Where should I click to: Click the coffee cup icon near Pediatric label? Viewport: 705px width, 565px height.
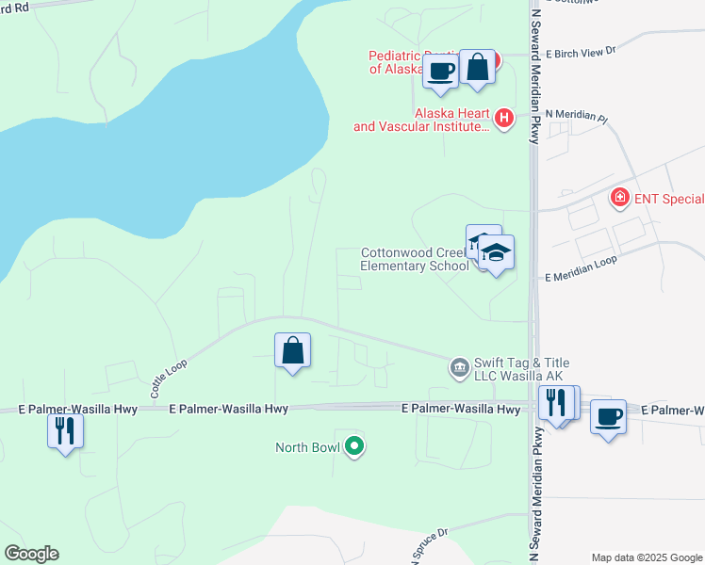[440, 72]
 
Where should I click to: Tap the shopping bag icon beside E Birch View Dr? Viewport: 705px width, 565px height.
[478, 67]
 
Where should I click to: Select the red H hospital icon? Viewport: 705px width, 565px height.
[504, 119]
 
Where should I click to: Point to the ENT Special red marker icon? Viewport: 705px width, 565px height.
[619, 198]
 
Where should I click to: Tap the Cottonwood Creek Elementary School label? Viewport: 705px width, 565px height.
[415, 259]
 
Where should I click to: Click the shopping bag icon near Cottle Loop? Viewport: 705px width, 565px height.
[293, 351]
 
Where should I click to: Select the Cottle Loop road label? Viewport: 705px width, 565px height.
[169, 376]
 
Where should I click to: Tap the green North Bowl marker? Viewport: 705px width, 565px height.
[354, 446]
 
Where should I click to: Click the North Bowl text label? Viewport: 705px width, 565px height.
[307, 447]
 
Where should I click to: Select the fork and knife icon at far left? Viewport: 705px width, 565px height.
[65, 430]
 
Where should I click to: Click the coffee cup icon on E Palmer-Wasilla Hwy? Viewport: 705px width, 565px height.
[609, 415]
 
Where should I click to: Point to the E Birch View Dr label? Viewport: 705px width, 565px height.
[580, 50]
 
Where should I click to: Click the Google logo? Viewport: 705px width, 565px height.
[31, 554]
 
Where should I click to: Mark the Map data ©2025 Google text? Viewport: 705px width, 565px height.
[646, 557]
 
